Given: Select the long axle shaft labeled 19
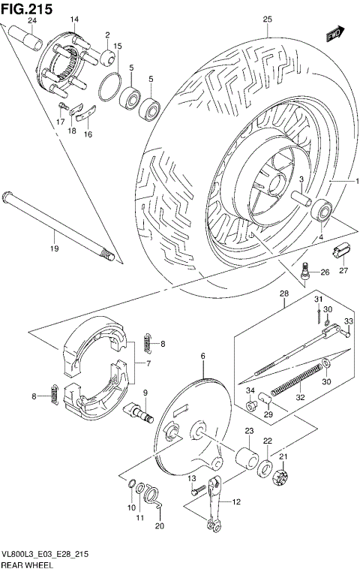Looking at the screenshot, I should point(60,224).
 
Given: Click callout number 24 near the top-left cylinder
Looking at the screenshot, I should point(32,20).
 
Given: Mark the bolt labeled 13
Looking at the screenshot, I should point(197,489).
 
